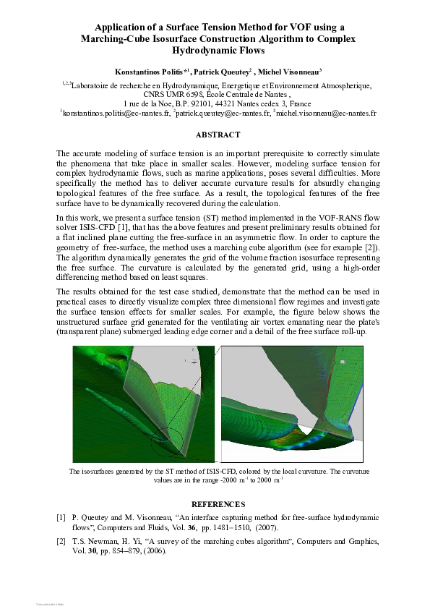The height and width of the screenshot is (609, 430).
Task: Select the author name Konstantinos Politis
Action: [148, 72]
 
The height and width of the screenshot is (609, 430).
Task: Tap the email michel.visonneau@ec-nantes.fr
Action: [326, 114]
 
